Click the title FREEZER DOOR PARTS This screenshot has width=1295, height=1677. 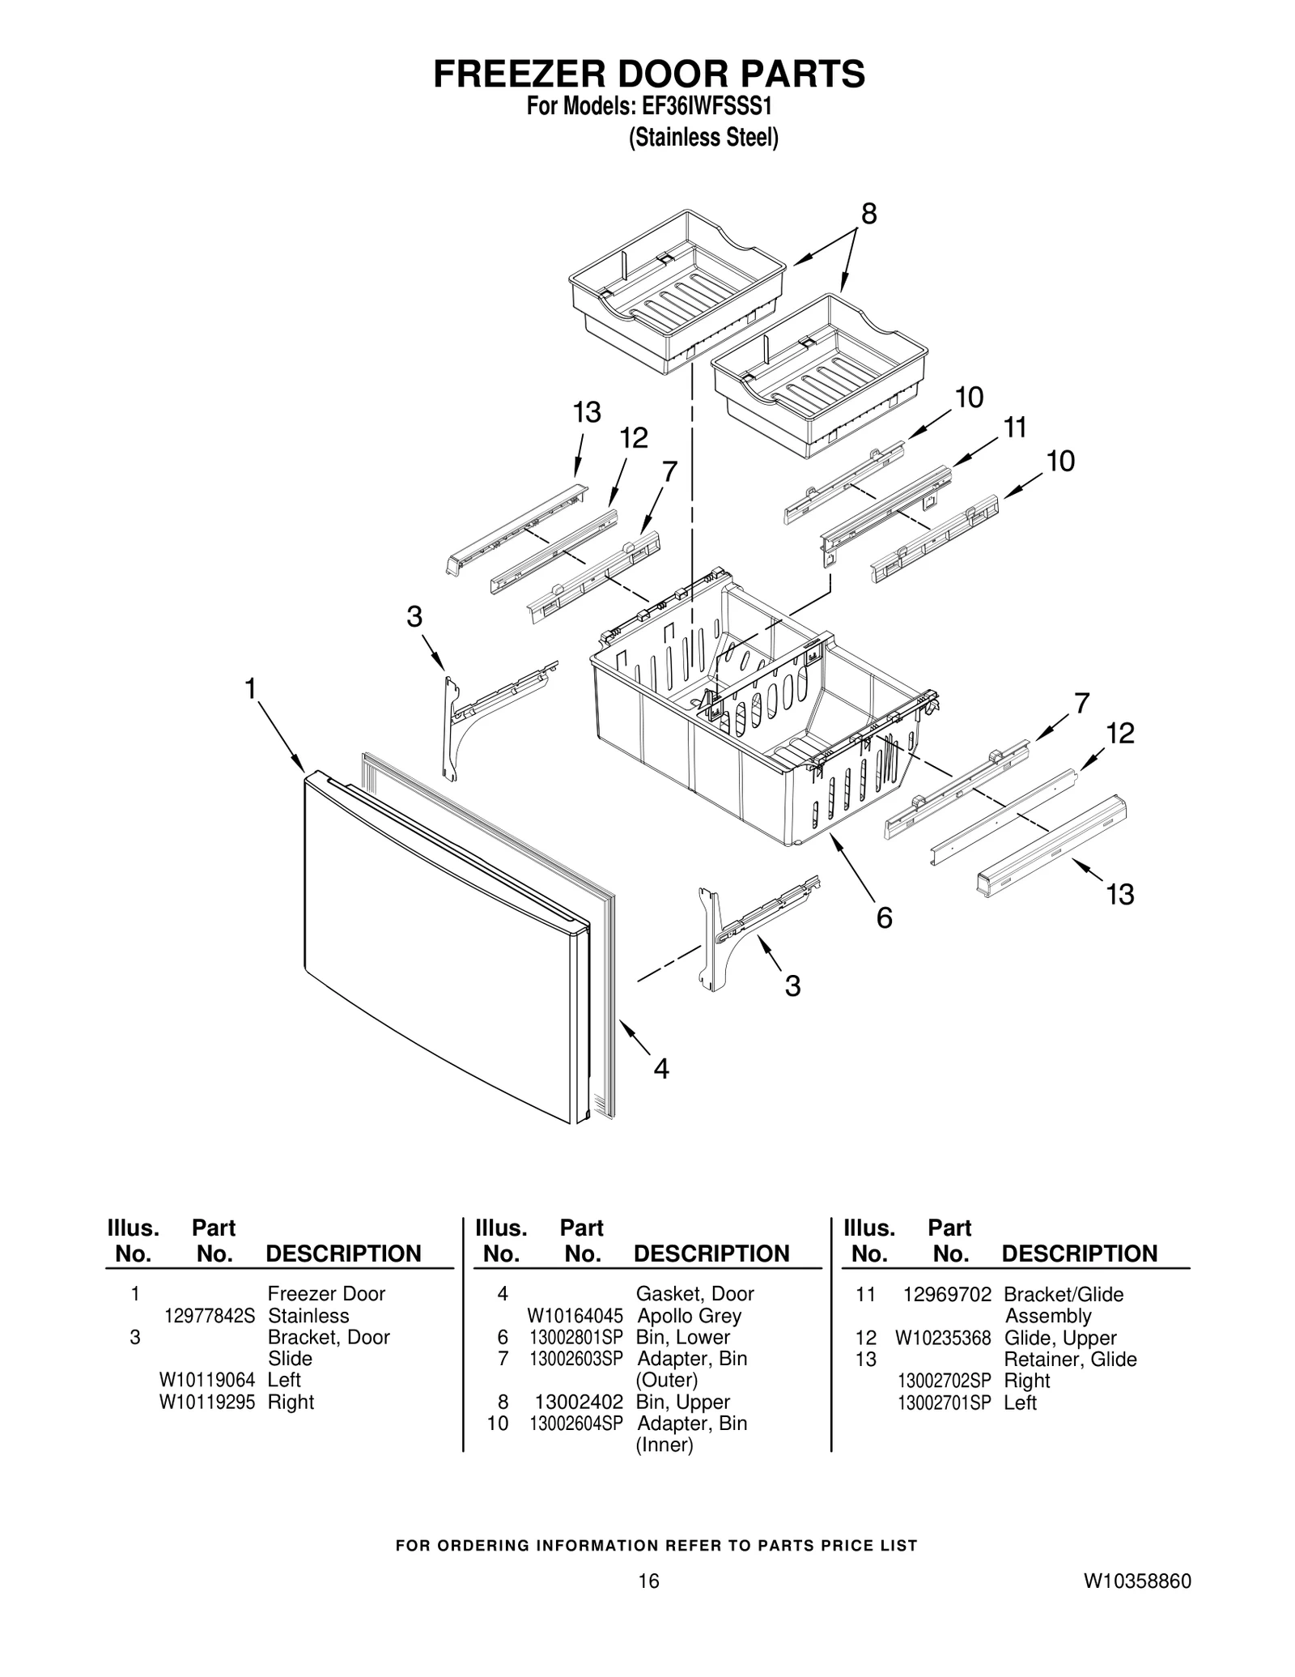648,74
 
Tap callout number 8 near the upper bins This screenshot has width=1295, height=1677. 868,214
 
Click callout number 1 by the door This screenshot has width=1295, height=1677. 251,689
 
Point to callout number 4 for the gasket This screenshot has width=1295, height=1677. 661,1070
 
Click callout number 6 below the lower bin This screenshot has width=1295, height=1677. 884,918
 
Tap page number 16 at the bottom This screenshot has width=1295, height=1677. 647,1603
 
